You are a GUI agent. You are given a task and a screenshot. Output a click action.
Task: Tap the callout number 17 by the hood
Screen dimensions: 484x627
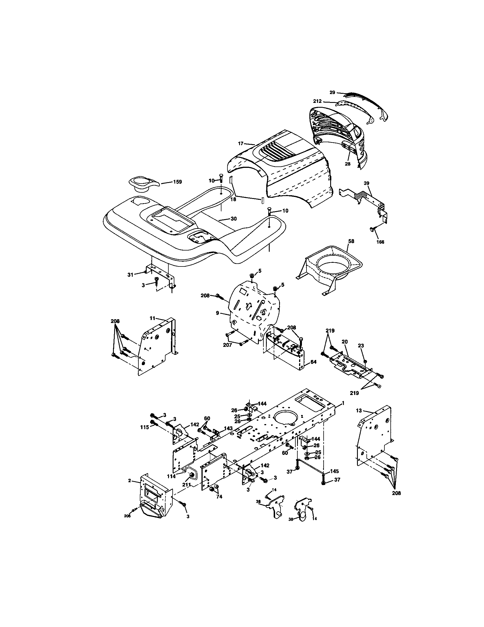(241, 143)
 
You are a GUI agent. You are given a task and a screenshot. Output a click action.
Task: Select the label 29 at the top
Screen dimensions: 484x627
(332, 92)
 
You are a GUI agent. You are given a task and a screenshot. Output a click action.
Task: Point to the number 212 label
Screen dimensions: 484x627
(318, 101)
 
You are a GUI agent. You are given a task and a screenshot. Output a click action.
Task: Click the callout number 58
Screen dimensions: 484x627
(351, 241)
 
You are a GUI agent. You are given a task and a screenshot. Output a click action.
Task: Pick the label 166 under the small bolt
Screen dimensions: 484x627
(380, 242)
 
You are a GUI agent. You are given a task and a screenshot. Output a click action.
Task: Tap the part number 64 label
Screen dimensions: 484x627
(313, 362)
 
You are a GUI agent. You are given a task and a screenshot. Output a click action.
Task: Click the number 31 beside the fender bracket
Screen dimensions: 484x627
(130, 275)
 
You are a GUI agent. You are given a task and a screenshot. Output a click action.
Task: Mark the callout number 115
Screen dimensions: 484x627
(145, 427)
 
